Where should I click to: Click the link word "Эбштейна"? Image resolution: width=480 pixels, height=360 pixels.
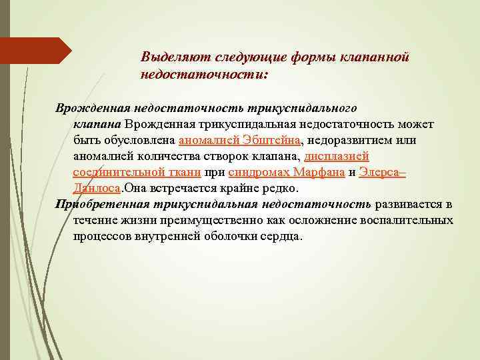pyautogui.click(x=269, y=140)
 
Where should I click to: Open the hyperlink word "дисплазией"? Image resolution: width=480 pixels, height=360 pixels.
pyautogui.click(x=337, y=156)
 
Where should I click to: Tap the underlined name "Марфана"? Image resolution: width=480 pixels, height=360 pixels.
pyautogui.click(x=318, y=172)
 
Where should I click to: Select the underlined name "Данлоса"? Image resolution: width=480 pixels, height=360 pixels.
pyautogui.click(x=97, y=188)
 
